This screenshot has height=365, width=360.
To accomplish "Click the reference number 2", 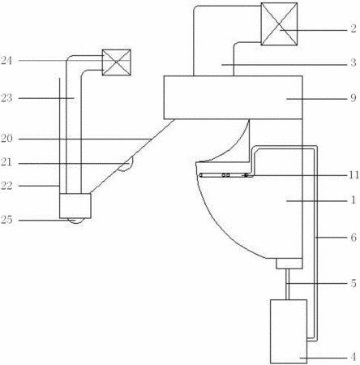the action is tap(354, 28).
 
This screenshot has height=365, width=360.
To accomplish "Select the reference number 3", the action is tap(354, 62).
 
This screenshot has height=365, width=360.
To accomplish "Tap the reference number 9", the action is tap(354, 97).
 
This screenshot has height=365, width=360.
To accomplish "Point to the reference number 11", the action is tap(354, 175).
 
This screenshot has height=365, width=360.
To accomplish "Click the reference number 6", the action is tap(354, 238).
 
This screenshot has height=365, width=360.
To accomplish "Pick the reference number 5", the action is tap(354, 283).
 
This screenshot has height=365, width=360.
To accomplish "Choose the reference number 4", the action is tap(354, 357).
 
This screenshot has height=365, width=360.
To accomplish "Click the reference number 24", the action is tap(6, 60).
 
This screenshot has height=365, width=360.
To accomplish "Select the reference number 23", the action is tap(6, 98).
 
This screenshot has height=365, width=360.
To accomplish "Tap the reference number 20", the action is tap(6, 139).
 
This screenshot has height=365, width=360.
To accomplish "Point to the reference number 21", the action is tap(6, 162).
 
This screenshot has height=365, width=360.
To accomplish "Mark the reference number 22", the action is tap(6, 186).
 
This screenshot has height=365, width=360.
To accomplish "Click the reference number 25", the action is tap(6, 220).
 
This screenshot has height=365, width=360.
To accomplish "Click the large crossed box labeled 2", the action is tap(279, 24).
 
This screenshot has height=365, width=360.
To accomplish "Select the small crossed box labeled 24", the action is tap(117, 62).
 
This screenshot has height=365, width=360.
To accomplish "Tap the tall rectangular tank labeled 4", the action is tap(289, 331).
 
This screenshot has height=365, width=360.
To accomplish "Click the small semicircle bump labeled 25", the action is tap(76, 221).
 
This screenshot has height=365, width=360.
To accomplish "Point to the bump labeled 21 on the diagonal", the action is tap(126, 165).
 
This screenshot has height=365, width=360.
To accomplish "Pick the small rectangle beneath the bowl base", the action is tap(289, 264).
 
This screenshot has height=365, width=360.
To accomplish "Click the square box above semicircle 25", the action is tap(75, 206).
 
